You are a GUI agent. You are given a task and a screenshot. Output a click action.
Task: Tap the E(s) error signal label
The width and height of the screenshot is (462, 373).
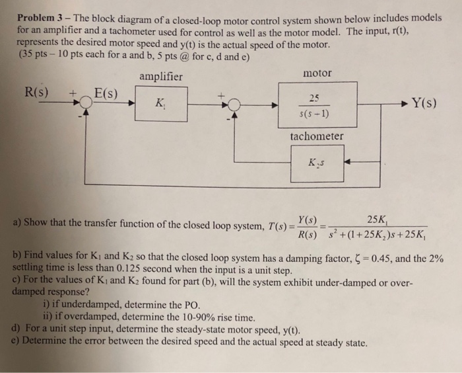(104, 92)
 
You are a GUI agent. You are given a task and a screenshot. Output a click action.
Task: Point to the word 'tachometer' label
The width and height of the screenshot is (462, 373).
(317, 136)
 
